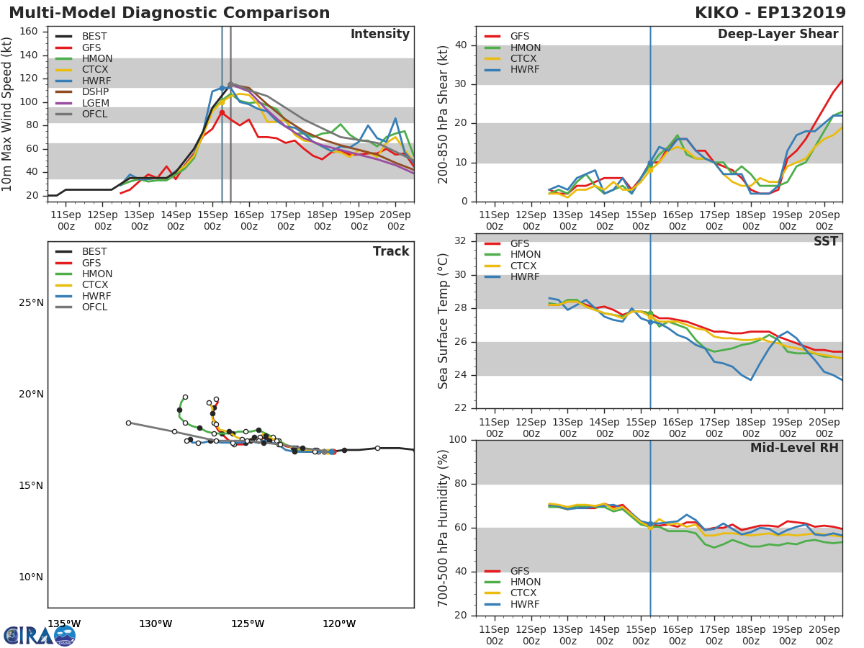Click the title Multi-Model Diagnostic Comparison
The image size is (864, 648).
coord(169,13)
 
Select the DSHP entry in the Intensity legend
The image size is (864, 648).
coord(95,92)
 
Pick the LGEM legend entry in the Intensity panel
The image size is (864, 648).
coord(95,103)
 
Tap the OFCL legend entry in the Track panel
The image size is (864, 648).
coord(95,307)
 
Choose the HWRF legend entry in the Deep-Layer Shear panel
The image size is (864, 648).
coord(524,70)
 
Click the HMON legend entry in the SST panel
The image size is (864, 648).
coord(525,255)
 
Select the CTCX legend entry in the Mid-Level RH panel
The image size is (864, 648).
coord(524,593)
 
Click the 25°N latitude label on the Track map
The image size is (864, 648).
coord(31,302)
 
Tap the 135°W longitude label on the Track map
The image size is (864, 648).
coord(64,624)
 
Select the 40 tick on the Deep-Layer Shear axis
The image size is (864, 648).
coord(460,45)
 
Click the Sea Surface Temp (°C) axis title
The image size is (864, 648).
coord(444,321)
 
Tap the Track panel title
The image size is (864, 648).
coord(390,252)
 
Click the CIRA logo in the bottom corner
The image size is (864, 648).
coord(40,635)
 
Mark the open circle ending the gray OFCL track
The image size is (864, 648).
coord(128,423)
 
